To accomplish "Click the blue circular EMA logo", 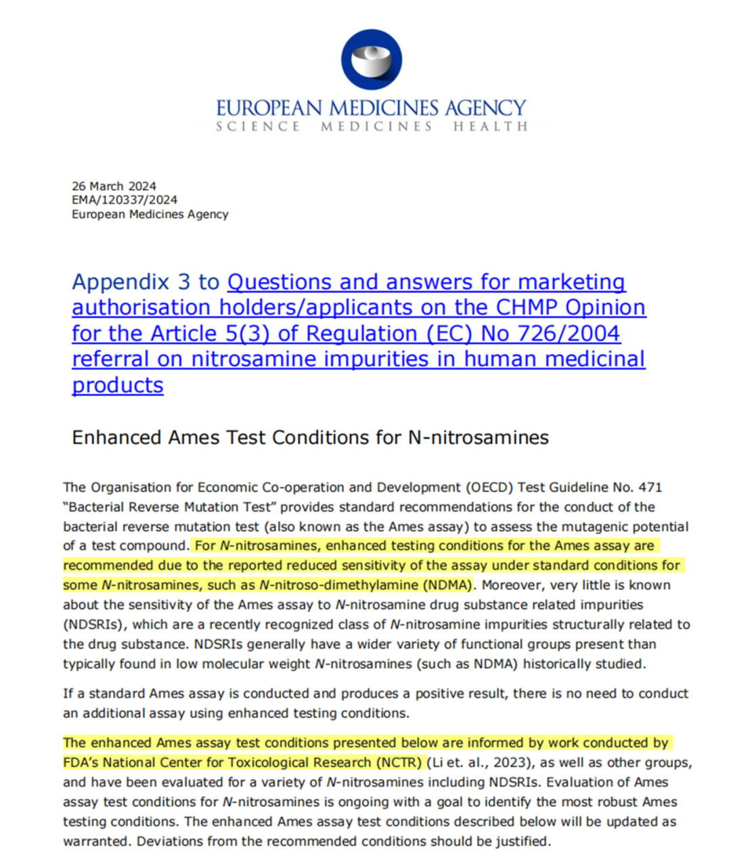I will [372, 60].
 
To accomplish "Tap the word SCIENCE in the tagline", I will [258, 127].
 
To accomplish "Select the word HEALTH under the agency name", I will [490, 127].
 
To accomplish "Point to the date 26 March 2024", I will [114, 186].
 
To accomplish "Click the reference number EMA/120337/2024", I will [125, 200].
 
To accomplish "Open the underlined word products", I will [118, 384].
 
